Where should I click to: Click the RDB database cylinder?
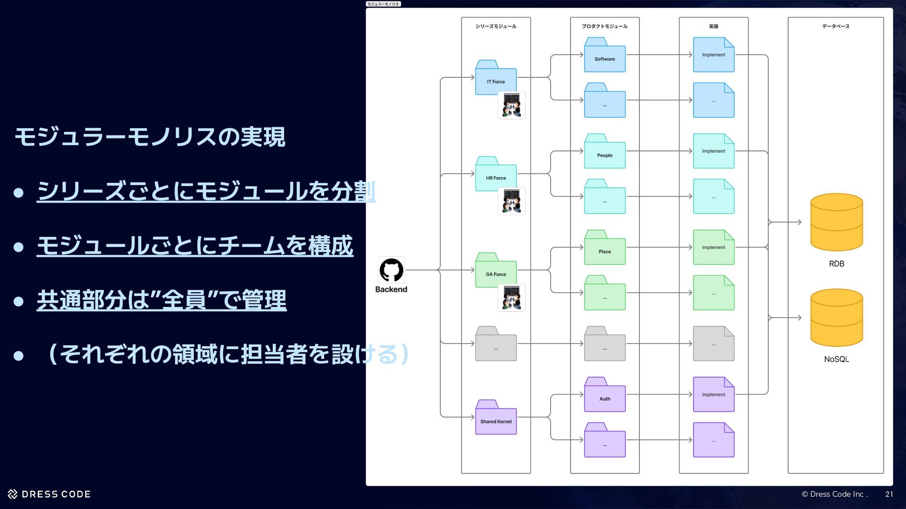pyautogui.click(x=836, y=222)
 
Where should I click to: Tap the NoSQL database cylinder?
pyautogui.click(x=836, y=318)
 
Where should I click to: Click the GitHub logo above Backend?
pyautogui.click(x=391, y=270)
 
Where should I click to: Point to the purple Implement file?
pyautogui.click(x=713, y=394)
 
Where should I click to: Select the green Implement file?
pyautogui.click(x=713, y=247)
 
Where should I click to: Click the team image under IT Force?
pyautogui.click(x=512, y=105)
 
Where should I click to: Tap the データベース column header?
pyautogui.click(x=835, y=26)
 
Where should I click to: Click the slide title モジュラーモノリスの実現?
pyautogui.click(x=150, y=137)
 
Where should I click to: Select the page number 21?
pyautogui.click(x=889, y=494)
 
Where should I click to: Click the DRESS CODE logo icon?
pyautogui.click(x=13, y=494)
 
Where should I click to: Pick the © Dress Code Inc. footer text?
pyautogui.click(x=834, y=494)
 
